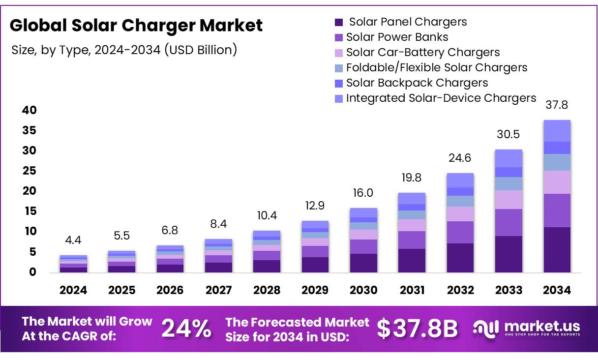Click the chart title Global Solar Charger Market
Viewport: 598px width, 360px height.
coord(136,26)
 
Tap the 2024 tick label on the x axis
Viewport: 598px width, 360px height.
coord(73,290)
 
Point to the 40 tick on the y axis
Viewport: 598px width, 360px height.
coord(30,110)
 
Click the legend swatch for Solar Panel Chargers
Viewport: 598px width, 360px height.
coord(338,22)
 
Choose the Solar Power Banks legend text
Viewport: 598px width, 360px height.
coord(397,37)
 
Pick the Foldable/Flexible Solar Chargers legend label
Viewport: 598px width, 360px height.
coord(436,67)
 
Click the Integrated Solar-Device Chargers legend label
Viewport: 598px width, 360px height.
coord(441,98)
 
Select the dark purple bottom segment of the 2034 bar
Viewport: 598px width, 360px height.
coord(557,249)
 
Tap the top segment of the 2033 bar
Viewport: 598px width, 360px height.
coord(508,158)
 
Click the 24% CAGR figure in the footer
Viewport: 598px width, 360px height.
coord(187,329)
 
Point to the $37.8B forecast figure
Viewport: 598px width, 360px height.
coord(418,329)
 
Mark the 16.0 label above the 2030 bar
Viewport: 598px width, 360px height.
coord(363,193)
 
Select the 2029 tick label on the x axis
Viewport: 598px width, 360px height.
coord(315,290)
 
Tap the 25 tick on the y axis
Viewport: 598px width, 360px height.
coord(30,171)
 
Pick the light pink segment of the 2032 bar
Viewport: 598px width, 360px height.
coord(460,213)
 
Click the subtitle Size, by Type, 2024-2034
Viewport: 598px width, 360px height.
coord(124,50)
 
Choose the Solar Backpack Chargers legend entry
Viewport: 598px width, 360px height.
coord(417,83)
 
